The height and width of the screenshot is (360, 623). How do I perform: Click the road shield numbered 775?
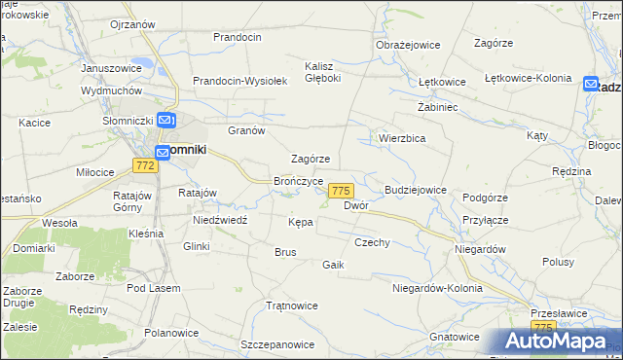click(341, 191)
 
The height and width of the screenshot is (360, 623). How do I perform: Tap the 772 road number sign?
click(145, 166)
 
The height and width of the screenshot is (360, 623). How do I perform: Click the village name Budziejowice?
click(416, 190)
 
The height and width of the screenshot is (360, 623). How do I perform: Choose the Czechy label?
click(372, 242)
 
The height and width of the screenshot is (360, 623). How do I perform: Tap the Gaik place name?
click(334, 265)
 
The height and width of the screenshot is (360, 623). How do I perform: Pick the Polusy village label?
click(558, 263)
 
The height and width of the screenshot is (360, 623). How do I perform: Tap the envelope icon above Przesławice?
click(541, 312)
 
